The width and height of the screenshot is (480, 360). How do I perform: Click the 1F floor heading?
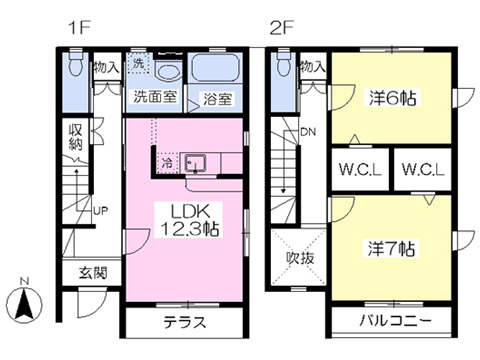tap(79, 28)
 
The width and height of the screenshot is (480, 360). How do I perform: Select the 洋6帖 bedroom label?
tap(392, 98)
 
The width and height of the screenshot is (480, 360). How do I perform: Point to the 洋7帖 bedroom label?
tap(391, 248)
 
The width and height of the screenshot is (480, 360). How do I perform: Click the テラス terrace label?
tap(184, 322)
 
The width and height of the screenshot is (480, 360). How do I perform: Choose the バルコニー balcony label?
tap(395, 321)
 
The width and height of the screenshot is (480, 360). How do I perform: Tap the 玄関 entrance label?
tap(93, 273)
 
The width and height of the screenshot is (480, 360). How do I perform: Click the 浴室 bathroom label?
tap(217, 99)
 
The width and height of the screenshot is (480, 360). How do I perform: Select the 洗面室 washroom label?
tap(155, 96)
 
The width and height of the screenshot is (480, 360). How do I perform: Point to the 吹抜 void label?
tap(300, 258)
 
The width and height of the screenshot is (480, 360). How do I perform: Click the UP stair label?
tap(100, 211)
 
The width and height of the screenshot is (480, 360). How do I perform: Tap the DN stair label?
tap(308, 132)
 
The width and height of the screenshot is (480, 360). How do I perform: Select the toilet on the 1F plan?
tap(76, 63)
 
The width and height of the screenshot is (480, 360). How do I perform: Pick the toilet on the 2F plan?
tap(284, 63)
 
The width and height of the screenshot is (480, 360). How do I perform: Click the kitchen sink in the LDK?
tap(196, 164)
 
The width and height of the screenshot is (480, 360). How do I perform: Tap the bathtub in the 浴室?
tap(216, 67)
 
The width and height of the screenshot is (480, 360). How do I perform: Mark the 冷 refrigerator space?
tap(167, 163)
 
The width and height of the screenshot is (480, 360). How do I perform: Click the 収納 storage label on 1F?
tap(76, 137)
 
